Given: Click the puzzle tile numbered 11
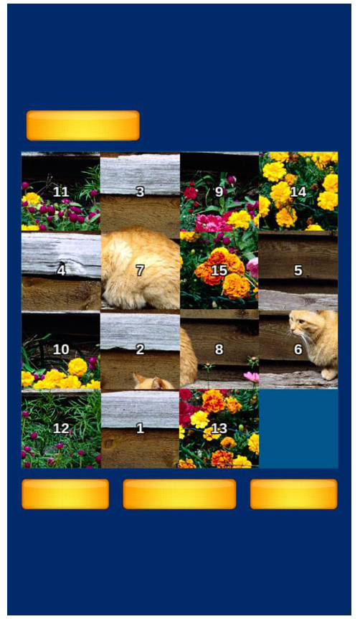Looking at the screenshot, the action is pos(61,192).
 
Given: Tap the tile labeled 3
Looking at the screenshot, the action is pos(140,192).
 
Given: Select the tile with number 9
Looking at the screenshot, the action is pos(219,192).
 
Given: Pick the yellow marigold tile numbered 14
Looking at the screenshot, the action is pos(298,192).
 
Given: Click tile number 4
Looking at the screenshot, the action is pos(61,271).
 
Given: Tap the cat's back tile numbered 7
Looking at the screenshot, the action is pos(140,271).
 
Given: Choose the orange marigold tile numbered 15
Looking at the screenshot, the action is pos(219,271).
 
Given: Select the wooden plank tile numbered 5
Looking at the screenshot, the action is pos(298,271).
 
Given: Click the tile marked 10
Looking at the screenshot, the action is pos(61,350).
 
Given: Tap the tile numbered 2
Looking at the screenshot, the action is pos(140,350).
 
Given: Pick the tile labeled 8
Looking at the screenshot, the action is pos(219,350).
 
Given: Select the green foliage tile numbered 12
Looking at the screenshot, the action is pos(61,429).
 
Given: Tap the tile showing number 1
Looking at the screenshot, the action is pos(140,429).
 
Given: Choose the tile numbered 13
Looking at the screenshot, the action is pos(219,429).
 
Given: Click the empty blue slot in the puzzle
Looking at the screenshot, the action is pos(298,429).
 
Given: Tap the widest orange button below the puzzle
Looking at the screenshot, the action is pos(179,494).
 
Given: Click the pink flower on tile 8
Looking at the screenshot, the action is pos(252,377).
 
